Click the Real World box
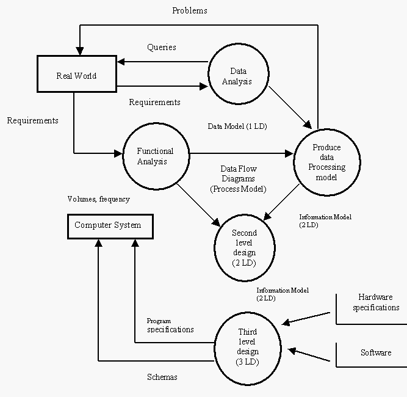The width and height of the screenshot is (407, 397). click(x=77, y=76)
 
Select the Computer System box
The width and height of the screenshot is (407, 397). click(x=107, y=225)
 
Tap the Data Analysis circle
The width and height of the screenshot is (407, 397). click(x=239, y=76)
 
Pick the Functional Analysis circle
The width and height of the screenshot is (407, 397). click(x=155, y=156)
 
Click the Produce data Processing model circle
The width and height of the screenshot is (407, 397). click(x=326, y=162)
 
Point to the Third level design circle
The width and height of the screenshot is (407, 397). click(x=247, y=347)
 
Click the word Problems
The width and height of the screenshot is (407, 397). click(x=190, y=10)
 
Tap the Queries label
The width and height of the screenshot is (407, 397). click(x=162, y=47)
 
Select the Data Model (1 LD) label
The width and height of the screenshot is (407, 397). click(x=237, y=126)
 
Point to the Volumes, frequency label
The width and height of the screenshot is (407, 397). click(x=99, y=199)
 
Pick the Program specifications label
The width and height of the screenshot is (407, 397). click(x=170, y=325)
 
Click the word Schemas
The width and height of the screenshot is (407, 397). click(x=162, y=377)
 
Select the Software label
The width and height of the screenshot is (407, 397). click(x=376, y=353)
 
